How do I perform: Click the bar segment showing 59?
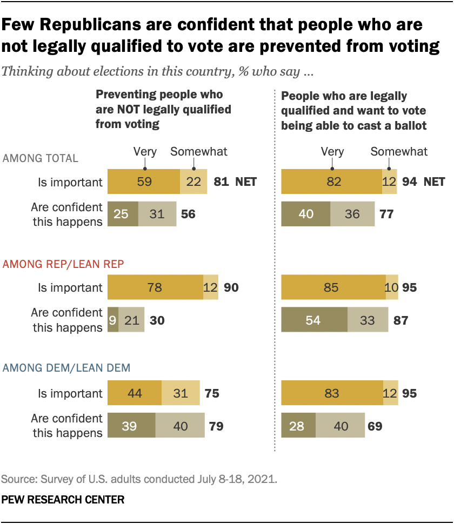[144, 182]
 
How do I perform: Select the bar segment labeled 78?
[155, 287]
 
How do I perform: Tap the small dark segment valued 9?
[113, 320]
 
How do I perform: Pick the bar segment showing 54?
[314, 320]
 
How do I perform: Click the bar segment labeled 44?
[135, 393]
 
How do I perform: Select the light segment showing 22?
[193, 182]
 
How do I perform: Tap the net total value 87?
[400, 320]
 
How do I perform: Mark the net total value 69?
[375, 426]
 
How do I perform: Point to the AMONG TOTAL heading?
[41, 158]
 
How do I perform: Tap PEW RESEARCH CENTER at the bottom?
[63, 500]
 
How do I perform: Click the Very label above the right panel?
[332, 151]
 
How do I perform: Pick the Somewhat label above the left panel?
[199, 151]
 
